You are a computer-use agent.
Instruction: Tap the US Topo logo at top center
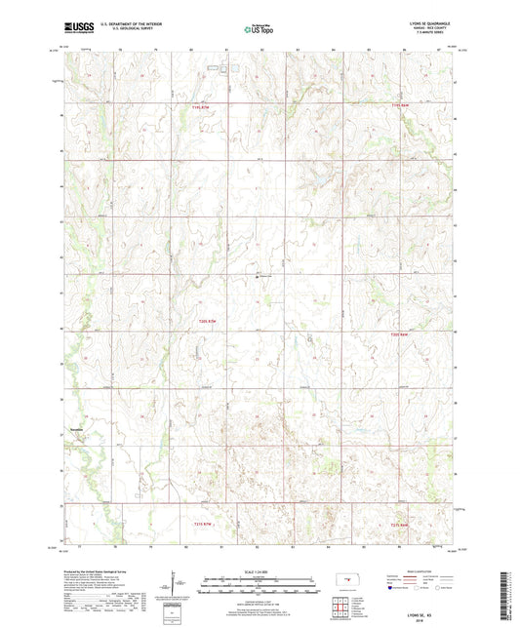coord(259,29)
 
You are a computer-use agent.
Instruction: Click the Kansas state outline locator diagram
coord(342,586)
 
